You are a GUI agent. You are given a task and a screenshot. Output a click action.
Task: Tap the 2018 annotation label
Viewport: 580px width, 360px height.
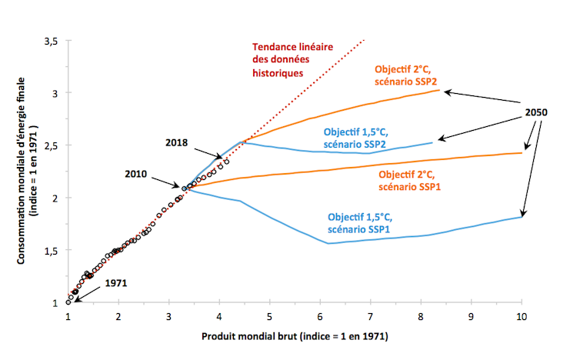[x=179, y=143]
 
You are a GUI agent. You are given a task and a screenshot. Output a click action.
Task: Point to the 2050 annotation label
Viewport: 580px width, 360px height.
[x=536, y=112]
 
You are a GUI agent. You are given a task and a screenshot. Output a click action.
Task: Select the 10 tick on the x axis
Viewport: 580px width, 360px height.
[x=522, y=316]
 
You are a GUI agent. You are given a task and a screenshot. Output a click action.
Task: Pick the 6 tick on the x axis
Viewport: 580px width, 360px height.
[x=320, y=316]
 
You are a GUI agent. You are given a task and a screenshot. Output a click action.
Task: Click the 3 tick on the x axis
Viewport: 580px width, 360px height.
[x=168, y=316]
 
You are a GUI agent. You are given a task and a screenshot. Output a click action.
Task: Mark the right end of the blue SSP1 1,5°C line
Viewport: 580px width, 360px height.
[x=522, y=216]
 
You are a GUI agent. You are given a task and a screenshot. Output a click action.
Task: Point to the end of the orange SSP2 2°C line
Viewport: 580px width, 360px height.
[x=438, y=90]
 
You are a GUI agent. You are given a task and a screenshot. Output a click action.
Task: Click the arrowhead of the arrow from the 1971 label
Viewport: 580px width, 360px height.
[x=73, y=298]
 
